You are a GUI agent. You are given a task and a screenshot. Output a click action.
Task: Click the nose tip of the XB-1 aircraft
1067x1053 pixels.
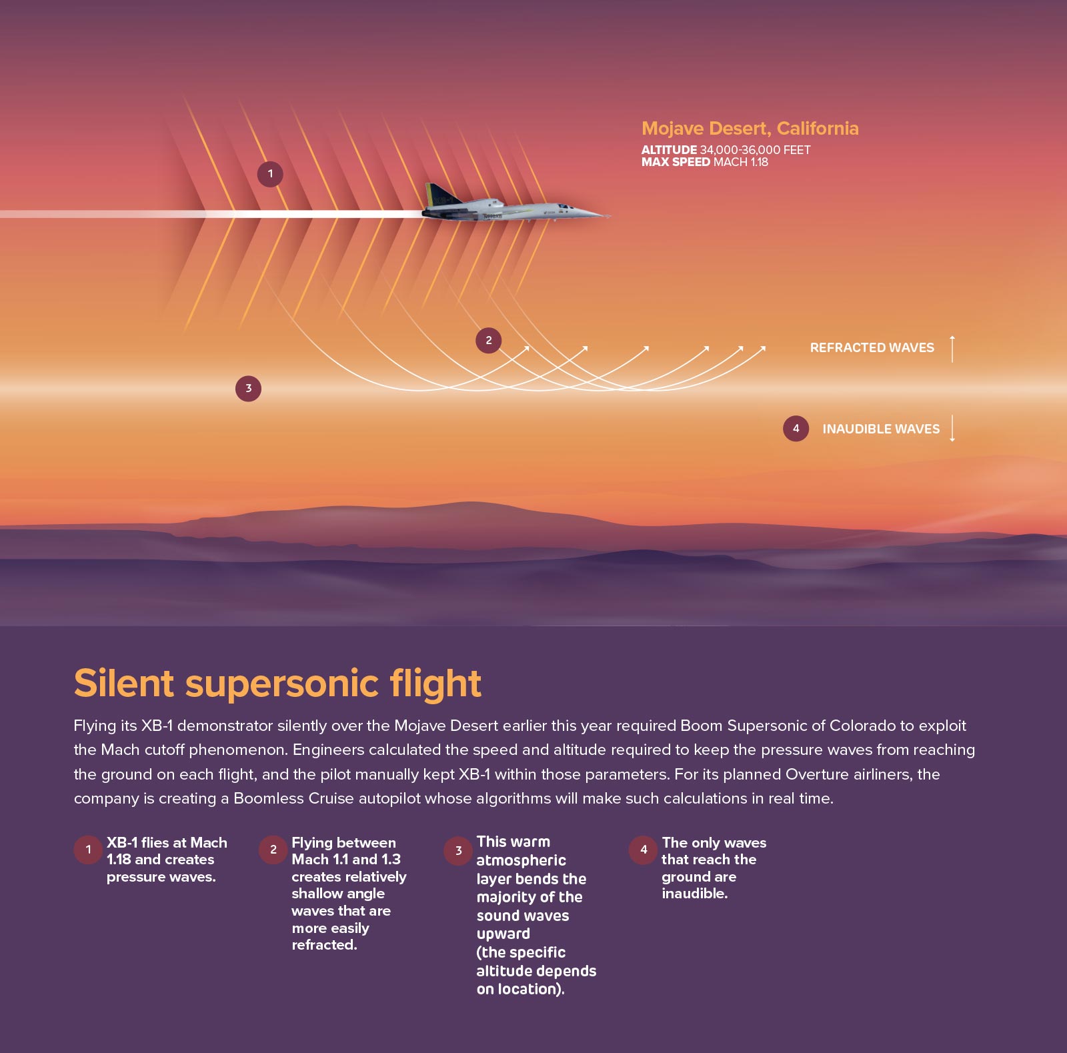[x=610, y=215]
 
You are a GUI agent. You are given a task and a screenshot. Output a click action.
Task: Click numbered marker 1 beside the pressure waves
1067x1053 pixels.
[x=270, y=174]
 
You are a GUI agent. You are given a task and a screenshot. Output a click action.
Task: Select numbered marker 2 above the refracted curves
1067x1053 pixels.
[x=488, y=340]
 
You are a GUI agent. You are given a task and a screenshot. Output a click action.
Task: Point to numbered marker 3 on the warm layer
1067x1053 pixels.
[x=248, y=388]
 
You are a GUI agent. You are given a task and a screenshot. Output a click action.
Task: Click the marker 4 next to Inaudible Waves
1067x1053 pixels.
[x=796, y=429]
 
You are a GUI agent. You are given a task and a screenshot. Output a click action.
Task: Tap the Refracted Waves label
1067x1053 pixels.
[x=872, y=347]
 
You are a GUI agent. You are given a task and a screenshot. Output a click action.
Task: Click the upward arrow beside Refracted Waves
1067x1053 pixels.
[x=952, y=349]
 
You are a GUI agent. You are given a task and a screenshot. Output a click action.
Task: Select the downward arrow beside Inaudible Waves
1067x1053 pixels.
[x=952, y=428]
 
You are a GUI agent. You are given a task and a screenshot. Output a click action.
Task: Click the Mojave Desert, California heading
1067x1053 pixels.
[x=750, y=128]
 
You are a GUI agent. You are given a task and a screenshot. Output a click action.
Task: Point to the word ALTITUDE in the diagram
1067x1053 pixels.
[x=669, y=150]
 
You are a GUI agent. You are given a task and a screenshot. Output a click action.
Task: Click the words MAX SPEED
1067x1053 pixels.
[x=676, y=162]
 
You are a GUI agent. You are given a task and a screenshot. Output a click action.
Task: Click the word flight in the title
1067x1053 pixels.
[x=435, y=684]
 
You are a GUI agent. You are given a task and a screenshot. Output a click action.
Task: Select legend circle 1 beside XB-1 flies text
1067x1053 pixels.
[x=88, y=850]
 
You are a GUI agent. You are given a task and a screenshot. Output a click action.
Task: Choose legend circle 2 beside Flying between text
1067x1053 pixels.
[x=273, y=850]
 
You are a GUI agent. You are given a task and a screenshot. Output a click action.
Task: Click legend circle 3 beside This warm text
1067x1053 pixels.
[x=458, y=850]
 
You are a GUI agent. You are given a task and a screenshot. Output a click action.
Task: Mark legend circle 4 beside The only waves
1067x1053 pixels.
[x=643, y=850]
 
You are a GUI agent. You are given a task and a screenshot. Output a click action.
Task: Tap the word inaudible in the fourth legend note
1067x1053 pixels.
[x=694, y=894]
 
